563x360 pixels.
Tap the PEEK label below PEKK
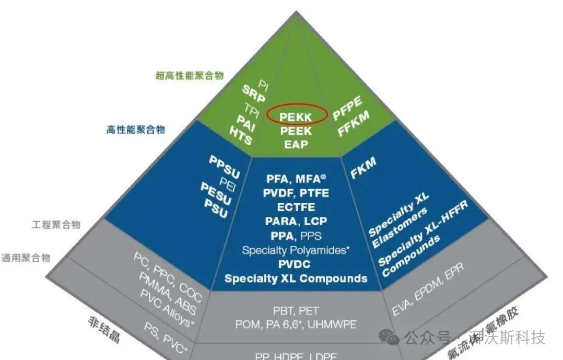pyautogui.click(x=296, y=130)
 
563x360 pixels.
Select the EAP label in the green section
pyautogui.click(x=296, y=144)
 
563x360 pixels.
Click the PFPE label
pyautogui.click(x=347, y=108)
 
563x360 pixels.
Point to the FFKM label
pyautogui.click(x=354, y=124)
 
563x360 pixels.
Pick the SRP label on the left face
pyautogui.click(x=254, y=94)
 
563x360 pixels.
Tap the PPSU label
pyautogui.click(x=224, y=165)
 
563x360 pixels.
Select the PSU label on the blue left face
pyautogui.click(x=216, y=207)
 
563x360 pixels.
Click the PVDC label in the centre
pyautogui.click(x=295, y=264)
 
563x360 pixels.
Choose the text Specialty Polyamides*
pyautogui.click(x=295, y=250)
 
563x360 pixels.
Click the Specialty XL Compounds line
pyautogui.click(x=296, y=278)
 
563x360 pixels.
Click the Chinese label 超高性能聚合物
pyautogui.click(x=190, y=75)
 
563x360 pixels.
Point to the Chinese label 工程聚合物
pyautogui.click(x=56, y=225)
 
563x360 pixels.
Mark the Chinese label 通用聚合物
pyautogui.click(x=26, y=257)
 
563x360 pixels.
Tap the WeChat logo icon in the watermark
pyautogui.click(x=390, y=336)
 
